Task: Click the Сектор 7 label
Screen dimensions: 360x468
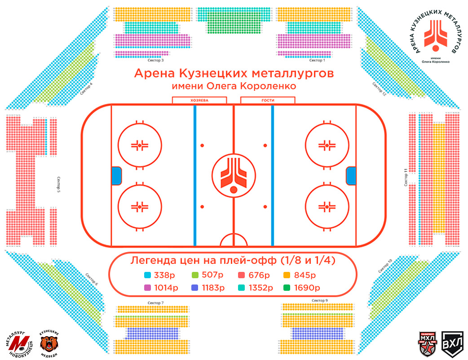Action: point(156,303)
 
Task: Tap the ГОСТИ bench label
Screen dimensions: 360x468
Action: point(268,101)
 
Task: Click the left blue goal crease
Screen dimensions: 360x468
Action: point(116,175)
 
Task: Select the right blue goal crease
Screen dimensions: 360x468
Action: point(351,175)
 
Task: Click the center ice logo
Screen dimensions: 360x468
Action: point(233,175)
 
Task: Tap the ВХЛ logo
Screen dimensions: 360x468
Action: point(450,344)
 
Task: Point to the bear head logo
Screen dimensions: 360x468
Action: point(50,343)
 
